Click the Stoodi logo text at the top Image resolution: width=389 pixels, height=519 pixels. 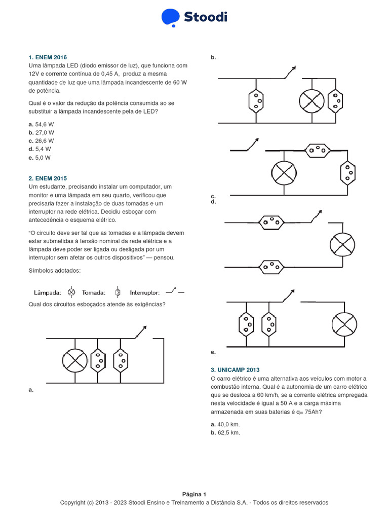point(205,17)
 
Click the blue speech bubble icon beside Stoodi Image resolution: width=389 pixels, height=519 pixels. point(171,17)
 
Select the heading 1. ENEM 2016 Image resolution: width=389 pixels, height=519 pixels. point(48,57)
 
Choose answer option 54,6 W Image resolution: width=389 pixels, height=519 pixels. point(41,124)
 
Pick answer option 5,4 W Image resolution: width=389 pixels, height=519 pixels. point(40,149)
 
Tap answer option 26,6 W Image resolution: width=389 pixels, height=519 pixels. point(41,141)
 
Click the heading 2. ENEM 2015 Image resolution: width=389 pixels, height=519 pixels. point(48,178)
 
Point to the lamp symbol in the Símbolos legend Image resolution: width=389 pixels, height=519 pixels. point(71,292)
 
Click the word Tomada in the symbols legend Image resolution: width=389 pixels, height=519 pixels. point(94,292)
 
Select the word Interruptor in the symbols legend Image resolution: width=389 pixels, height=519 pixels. point(145,292)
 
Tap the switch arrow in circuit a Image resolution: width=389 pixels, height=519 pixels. point(141,331)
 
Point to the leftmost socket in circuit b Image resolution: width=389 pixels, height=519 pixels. point(256,100)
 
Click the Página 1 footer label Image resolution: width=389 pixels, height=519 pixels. point(194,494)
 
